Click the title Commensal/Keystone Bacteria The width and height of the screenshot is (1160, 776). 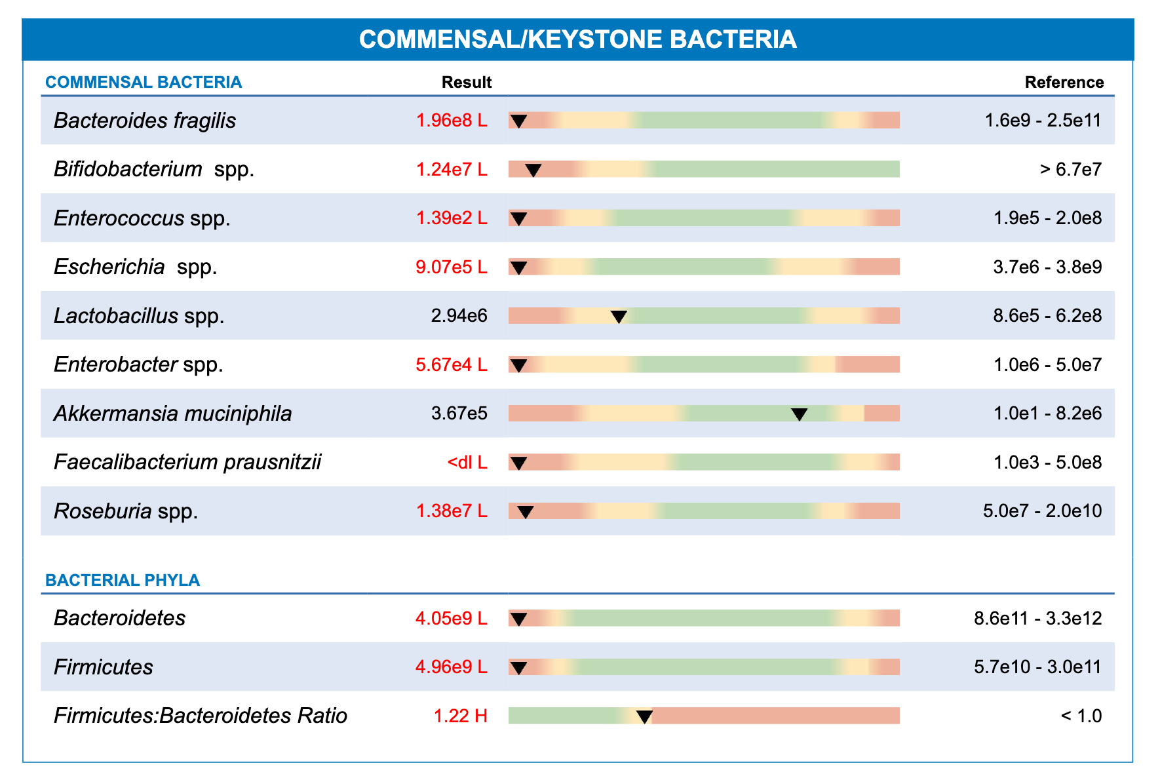(577, 39)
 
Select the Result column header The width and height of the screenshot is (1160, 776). (467, 82)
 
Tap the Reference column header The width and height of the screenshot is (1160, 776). (1064, 82)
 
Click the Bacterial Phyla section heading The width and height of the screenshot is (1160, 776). (123, 580)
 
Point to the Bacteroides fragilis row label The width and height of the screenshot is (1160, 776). (145, 121)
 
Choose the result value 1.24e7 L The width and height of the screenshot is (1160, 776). (452, 169)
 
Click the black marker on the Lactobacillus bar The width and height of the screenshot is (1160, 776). (619, 317)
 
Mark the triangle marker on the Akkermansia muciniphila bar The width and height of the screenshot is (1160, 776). (799, 414)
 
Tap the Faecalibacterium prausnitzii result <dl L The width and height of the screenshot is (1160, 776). (467, 462)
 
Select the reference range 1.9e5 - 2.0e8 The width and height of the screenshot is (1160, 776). (1047, 218)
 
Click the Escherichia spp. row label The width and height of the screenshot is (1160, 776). (136, 267)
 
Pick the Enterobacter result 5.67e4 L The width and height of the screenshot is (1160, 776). (452, 364)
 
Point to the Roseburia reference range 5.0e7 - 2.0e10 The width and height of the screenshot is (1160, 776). (1042, 511)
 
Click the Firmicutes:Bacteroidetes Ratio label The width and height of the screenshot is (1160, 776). (201, 715)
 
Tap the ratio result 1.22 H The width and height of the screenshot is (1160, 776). (461, 716)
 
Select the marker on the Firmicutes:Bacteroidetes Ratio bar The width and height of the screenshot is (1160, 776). (644, 717)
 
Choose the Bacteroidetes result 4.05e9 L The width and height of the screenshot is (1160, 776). (452, 618)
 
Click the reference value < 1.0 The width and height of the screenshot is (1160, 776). (1081, 716)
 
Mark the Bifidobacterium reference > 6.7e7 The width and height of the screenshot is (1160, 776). (1071, 170)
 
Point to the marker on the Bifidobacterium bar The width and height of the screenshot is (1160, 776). (533, 170)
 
